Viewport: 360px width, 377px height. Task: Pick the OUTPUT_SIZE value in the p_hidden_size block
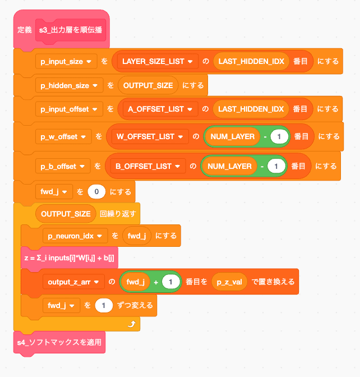pos(148,86)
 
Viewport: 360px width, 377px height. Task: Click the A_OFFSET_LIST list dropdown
pos(163,109)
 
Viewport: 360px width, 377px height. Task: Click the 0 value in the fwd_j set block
pos(96,192)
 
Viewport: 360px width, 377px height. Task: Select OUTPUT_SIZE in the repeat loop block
pos(66,214)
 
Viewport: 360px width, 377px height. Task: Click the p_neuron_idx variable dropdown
pos(75,236)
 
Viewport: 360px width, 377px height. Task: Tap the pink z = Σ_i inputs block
pos(69,257)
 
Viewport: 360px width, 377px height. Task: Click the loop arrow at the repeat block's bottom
pos(132,324)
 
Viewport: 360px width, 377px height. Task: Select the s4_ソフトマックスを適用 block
pos(59,342)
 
